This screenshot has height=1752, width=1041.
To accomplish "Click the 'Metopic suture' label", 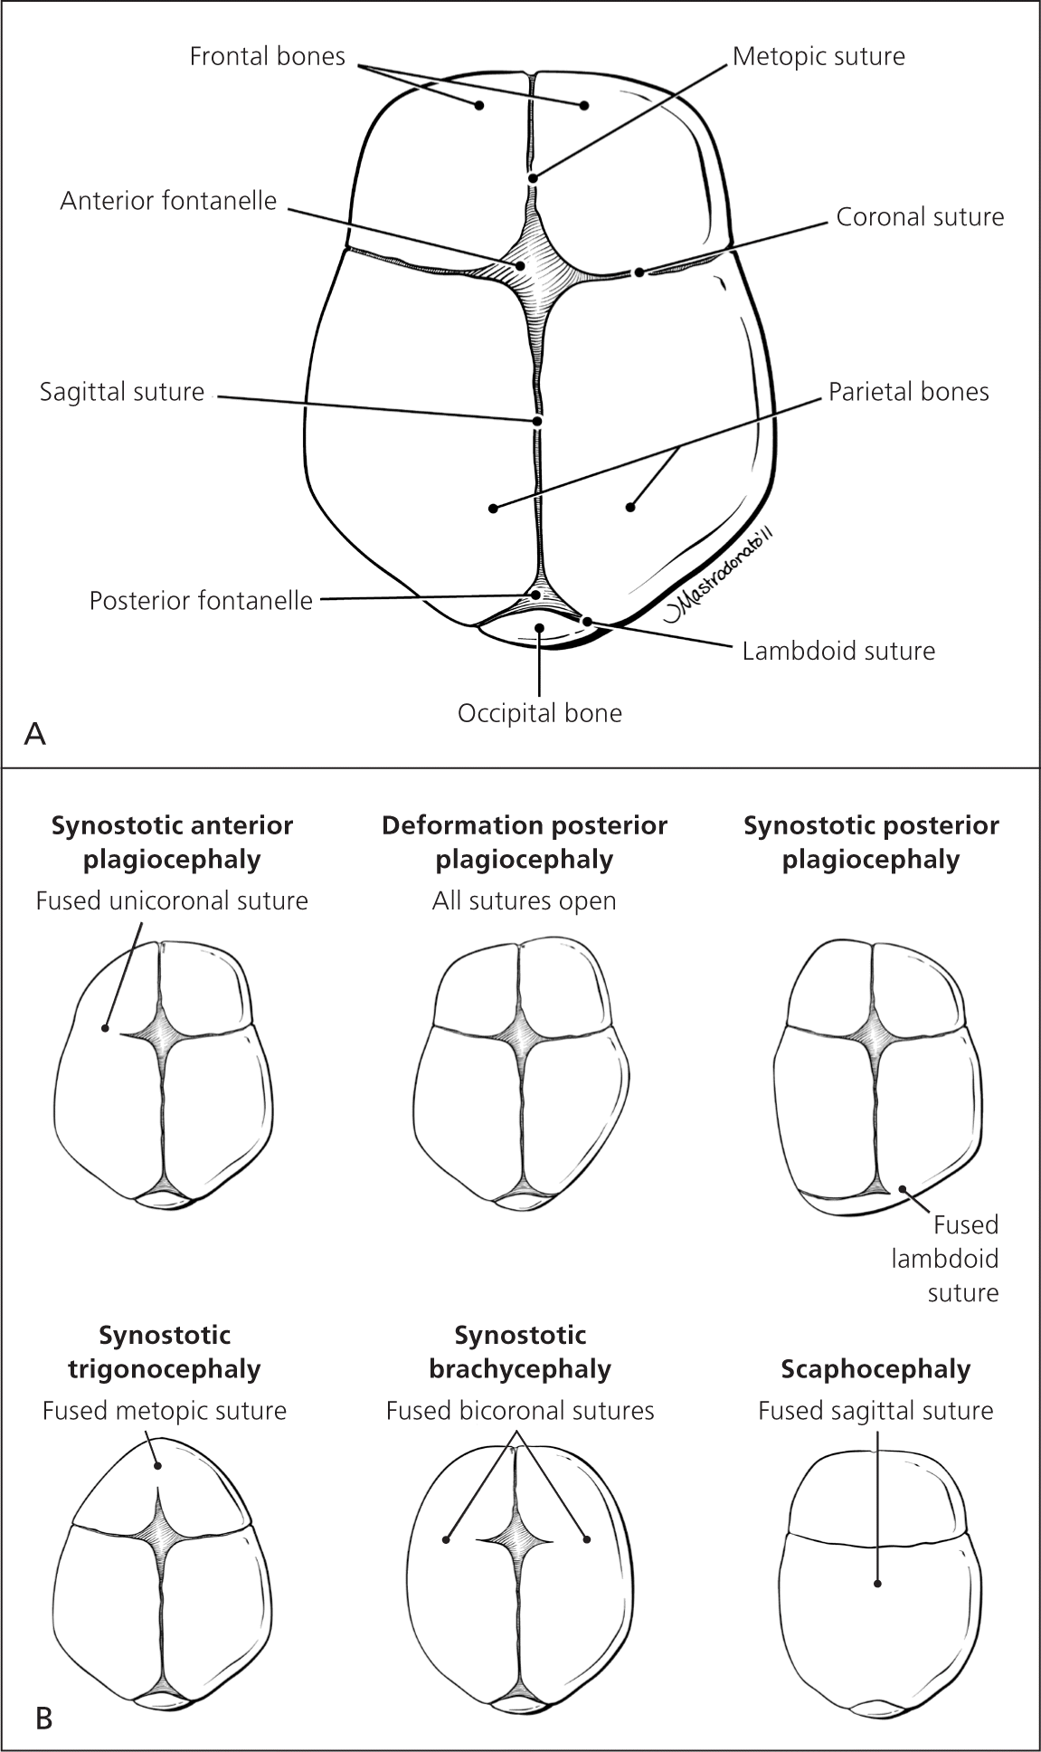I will (818, 57).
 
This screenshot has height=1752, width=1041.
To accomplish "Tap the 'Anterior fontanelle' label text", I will (168, 200).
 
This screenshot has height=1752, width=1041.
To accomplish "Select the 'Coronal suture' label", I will (919, 217).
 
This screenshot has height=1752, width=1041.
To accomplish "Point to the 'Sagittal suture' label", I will (122, 392).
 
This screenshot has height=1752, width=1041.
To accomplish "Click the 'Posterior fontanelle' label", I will (201, 600).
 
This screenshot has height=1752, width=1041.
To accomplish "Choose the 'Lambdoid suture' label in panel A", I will (838, 651).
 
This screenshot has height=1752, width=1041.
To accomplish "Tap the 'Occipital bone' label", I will (540, 713).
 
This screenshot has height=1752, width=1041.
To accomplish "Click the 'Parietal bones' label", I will (908, 392).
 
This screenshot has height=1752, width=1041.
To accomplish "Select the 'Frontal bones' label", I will (267, 57).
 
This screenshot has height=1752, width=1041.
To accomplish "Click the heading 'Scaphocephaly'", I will (875, 1369).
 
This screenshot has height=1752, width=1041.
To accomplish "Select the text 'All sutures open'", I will (524, 901).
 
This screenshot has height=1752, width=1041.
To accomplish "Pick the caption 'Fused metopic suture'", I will (165, 1411).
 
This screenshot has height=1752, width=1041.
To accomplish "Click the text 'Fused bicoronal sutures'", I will (520, 1411).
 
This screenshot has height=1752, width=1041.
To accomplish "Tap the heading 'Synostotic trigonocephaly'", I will (165, 1352).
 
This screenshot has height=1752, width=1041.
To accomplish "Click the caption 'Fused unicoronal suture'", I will (172, 901).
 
